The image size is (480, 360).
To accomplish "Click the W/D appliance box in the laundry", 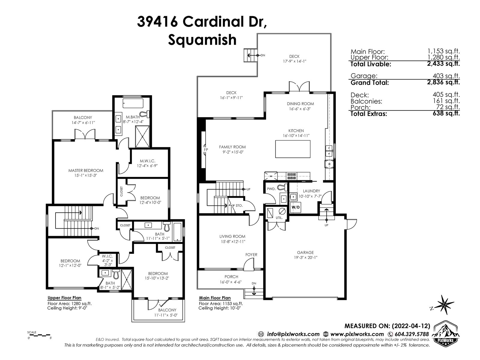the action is [295, 207].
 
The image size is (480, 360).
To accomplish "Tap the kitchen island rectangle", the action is [292, 149].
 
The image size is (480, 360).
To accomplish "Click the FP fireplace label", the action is [206, 150].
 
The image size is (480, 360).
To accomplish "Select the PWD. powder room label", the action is [271, 189].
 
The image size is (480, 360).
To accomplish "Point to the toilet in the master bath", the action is [145, 113].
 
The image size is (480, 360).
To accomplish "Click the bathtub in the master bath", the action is [133, 103].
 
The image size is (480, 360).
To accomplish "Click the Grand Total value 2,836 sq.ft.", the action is [443, 82].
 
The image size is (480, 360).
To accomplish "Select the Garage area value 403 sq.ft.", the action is [446, 76].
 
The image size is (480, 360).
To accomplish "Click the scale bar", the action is [39, 334].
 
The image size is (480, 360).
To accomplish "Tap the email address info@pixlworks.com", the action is [293, 334].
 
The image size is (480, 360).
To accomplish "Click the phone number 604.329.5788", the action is [412, 334].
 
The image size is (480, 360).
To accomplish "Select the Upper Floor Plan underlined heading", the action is [64, 298].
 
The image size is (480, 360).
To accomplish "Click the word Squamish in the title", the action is [202, 40].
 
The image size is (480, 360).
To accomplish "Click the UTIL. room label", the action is [279, 218].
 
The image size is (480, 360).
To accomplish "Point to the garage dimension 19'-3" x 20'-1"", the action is [305, 257].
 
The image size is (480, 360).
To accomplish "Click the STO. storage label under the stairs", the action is [239, 205].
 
